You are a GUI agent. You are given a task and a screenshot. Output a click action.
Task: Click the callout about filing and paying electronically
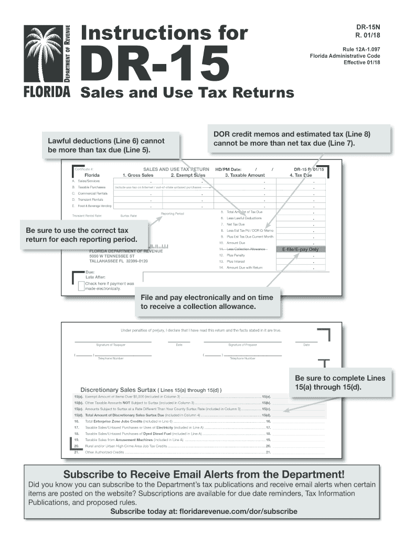click(x=207, y=302)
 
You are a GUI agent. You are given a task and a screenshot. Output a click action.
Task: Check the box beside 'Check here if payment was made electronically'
click(x=81, y=286)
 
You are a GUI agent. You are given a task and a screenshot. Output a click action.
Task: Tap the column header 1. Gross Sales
click(x=138, y=175)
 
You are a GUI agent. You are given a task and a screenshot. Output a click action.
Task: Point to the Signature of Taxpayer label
click(x=111, y=345)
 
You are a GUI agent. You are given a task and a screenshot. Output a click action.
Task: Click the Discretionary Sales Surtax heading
click(x=151, y=390)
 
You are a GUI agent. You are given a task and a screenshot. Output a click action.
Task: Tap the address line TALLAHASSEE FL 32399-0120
click(x=119, y=261)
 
